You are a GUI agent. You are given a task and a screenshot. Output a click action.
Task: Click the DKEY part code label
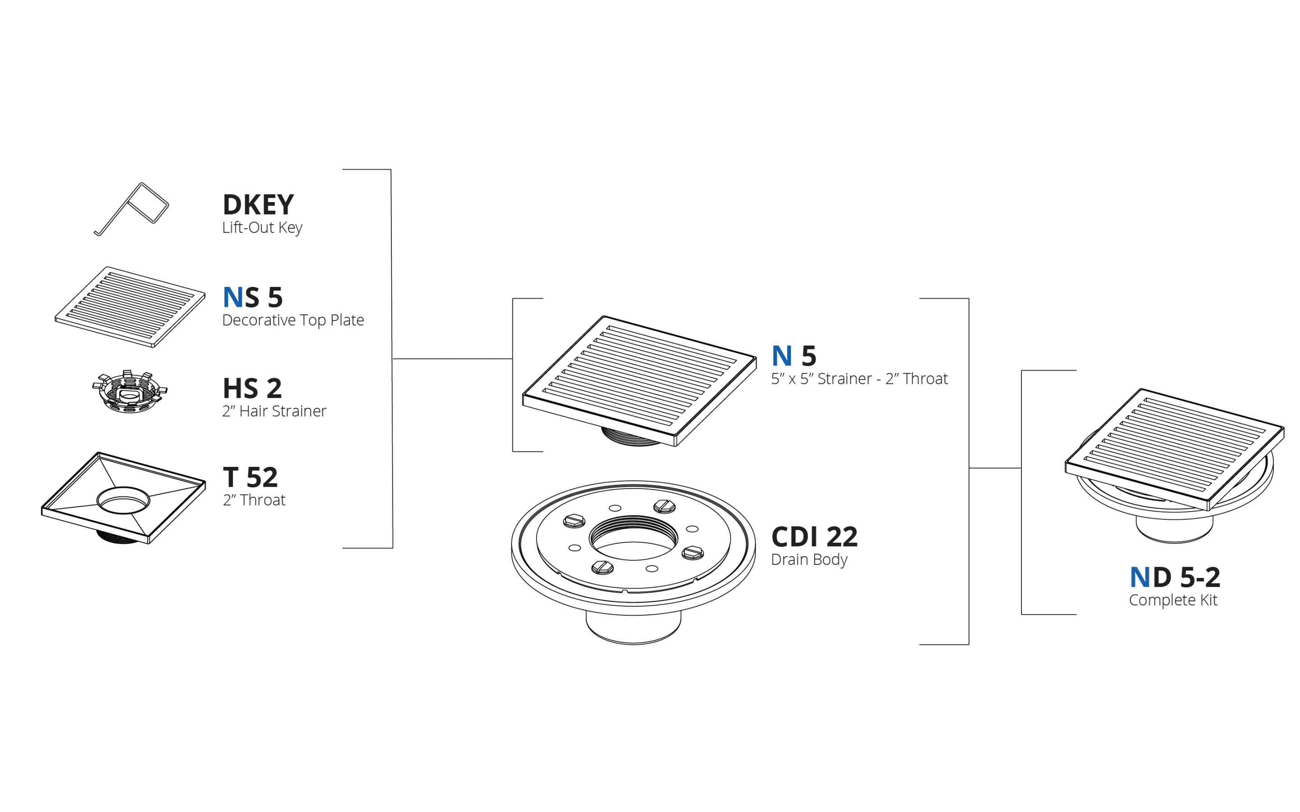258,205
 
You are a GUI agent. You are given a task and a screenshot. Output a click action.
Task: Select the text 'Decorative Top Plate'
293,320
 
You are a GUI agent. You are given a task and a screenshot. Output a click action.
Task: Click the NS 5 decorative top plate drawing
130,307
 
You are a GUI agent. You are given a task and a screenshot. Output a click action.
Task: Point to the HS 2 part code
252,388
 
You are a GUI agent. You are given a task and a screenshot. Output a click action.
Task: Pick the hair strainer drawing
130,392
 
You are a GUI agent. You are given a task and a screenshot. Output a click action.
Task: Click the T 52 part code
251,477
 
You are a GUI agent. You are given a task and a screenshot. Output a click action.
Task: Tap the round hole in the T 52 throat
124,501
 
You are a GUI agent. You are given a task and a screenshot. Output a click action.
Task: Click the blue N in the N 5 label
782,355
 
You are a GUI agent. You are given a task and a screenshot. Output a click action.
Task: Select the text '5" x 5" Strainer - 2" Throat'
859,378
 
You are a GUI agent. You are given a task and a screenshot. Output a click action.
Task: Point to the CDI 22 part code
814,536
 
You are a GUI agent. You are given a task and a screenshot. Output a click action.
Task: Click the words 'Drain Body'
809,559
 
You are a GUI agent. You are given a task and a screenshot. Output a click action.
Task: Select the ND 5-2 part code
1175,577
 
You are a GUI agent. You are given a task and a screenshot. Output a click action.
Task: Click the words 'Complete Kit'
1173,600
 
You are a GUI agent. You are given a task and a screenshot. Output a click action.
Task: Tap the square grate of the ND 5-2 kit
1175,449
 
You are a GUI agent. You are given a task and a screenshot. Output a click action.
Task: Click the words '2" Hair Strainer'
274,411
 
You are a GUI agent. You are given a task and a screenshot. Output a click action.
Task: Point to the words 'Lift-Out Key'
262,228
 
